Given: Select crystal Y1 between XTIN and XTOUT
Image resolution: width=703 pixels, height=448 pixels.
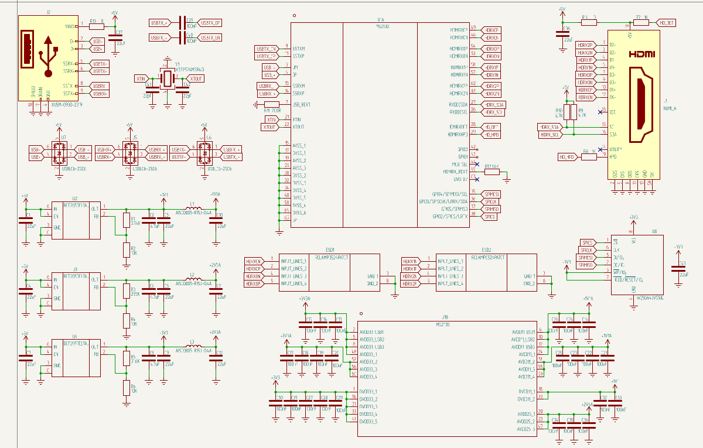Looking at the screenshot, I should tap(168, 78).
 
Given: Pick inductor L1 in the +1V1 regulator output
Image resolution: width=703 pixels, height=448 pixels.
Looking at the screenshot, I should tap(192, 208).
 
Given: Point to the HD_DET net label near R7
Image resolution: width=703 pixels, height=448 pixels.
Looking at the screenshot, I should tap(667, 23).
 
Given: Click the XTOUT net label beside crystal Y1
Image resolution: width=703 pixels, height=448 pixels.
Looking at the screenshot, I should tap(196, 78).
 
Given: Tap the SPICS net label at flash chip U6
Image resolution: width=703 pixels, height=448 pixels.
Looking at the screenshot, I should tap(587, 242).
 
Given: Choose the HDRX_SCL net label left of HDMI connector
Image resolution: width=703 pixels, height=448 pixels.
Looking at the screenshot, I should tap(550, 135).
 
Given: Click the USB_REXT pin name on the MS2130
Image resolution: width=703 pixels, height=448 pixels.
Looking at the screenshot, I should tap(302, 105).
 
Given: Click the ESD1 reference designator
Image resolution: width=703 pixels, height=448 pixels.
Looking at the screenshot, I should tap(330, 249).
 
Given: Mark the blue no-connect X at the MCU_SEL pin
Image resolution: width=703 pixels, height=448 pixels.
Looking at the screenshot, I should tap(478, 164).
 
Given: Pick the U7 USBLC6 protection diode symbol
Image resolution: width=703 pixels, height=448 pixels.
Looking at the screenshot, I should tap(59, 153).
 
